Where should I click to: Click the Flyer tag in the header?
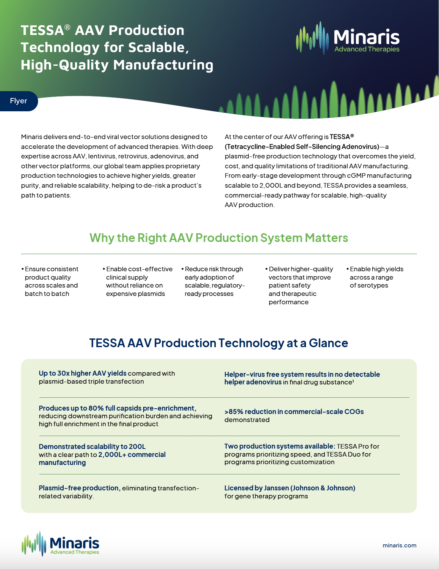pyautogui.click(x=19, y=101)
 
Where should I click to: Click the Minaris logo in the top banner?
pyautogui.click(x=348, y=38)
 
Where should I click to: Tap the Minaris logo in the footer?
pyautogui.click(x=60, y=544)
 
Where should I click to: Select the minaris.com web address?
pyautogui.click(x=399, y=545)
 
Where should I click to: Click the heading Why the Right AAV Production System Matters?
pyautogui.click(x=219, y=238)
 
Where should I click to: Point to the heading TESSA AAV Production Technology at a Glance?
pyautogui.click(x=219, y=343)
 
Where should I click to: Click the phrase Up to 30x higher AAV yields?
pyautogui.click(x=83, y=373)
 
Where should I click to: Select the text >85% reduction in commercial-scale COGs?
pyautogui.click(x=294, y=412)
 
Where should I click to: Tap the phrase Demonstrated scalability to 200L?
pyautogui.click(x=92, y=446)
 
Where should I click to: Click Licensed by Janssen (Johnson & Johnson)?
pyautogui.click(x=290, y=488)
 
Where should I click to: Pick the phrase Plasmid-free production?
pyautogui.click(x=79, y=488)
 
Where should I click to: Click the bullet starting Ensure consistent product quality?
pyautogui.click(x=50, y=281)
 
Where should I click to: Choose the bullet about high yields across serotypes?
pyautogui.click(x=375, y=277)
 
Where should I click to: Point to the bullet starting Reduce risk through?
pyautogui.click(x=213, y=281)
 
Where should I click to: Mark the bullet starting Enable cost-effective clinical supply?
pyautogui.click(x=138, y=281)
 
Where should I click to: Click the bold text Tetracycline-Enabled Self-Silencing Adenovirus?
pyautogui.click(x=302, y=147)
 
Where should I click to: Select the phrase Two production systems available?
pyautogui.click(x=280, y=446)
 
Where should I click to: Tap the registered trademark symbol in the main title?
pyautogui.click(x=67, y=27)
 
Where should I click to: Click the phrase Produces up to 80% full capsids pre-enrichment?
pyautogui.click(x=118, y=408)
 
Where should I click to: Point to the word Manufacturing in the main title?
pyautogui.click(x=163, y=65)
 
